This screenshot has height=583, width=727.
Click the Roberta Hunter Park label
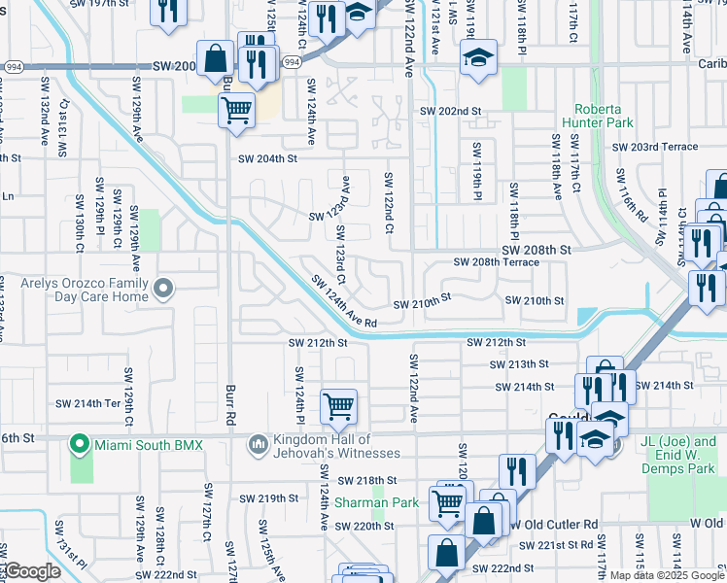(603, 116)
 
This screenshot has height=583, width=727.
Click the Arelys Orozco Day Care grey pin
(163, 288)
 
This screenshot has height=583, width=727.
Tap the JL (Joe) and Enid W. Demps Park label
(682, 449)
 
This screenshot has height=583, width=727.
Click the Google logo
(31, 571)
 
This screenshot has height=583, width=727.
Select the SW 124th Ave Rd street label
(343, 301)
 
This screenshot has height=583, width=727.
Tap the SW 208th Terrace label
(496, 262)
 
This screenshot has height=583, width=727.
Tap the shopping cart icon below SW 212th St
(338, 405)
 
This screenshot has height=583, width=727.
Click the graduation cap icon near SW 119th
(478, 56)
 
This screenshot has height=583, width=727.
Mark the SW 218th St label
(367, 480)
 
